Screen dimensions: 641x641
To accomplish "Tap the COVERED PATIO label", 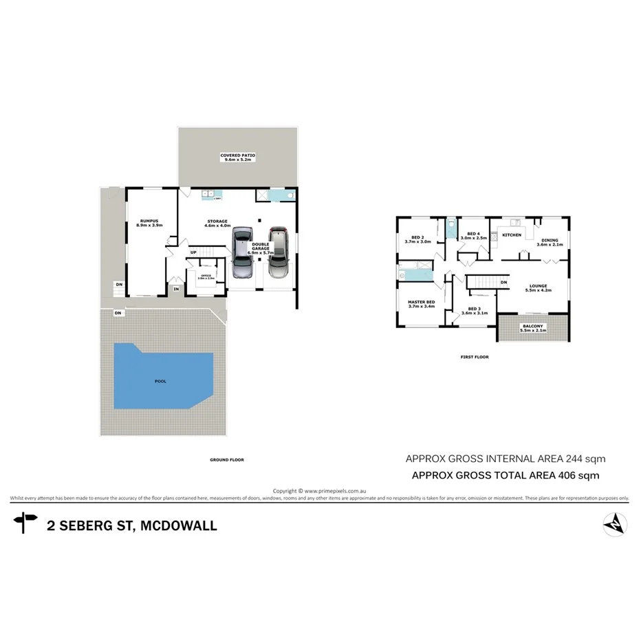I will coord(237,155).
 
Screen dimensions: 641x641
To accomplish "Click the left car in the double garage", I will coord(242,252).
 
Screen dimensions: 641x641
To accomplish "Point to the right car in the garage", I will coord(278,252).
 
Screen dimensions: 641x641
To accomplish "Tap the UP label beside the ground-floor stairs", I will coord(193,252).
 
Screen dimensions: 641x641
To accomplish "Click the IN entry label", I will coord(176,290).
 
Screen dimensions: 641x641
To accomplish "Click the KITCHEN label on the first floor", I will coord(512,235).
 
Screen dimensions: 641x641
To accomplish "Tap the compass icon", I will coord(614,525).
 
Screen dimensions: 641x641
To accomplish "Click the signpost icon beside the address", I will coord(25,522).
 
